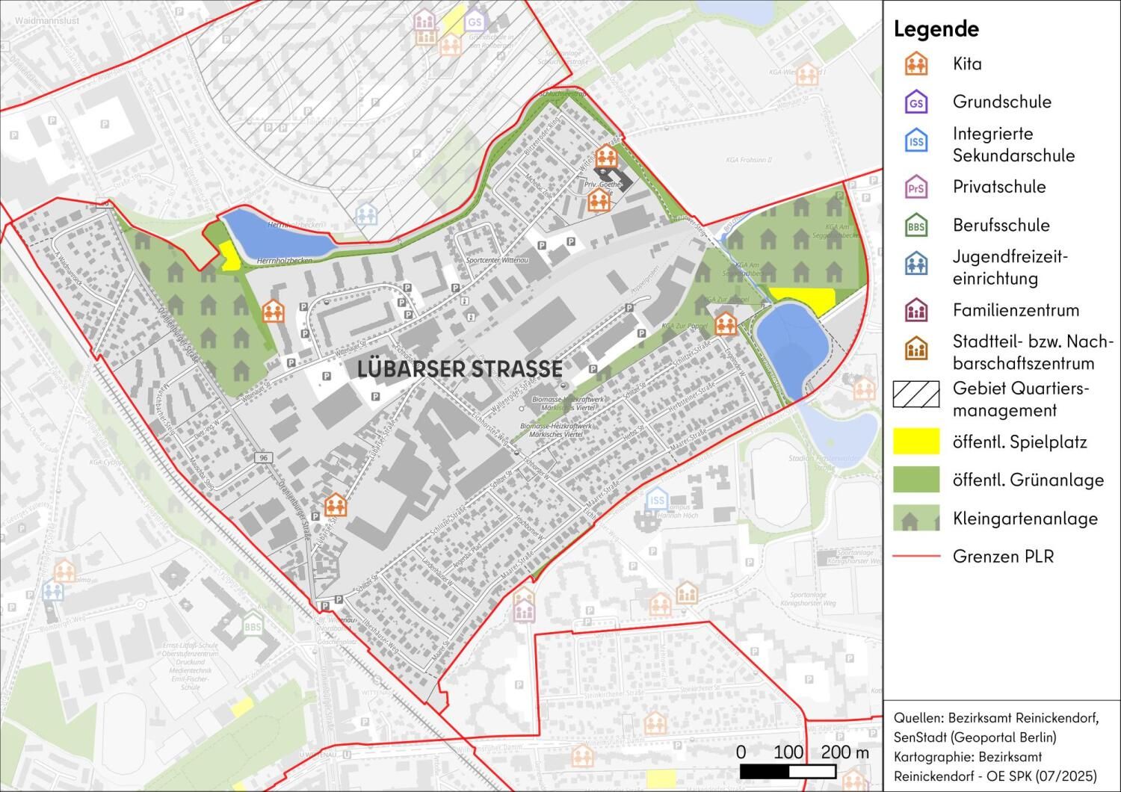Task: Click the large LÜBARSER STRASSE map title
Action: click(460, 368)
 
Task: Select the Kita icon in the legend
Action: click(915, 64)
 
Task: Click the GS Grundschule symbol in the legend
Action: click(915, 102)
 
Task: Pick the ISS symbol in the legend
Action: click(915, 141)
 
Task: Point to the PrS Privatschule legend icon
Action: click(915, 188)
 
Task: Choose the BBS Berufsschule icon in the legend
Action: click(915, 226)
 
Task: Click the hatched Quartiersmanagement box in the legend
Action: click(915, 394)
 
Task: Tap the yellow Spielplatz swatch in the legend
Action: click(915, 442)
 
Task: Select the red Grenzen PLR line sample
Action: click(915, 557)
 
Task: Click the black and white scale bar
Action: click(804, 770)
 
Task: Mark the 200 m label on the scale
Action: click(845, 752)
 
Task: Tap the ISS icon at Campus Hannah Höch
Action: click(657, 500)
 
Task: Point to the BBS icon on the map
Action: click(253, 625)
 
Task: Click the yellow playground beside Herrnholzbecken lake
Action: click(229, 256)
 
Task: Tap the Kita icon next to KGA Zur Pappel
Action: click(725, 324)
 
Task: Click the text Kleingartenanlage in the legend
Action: click(1025, 519)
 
